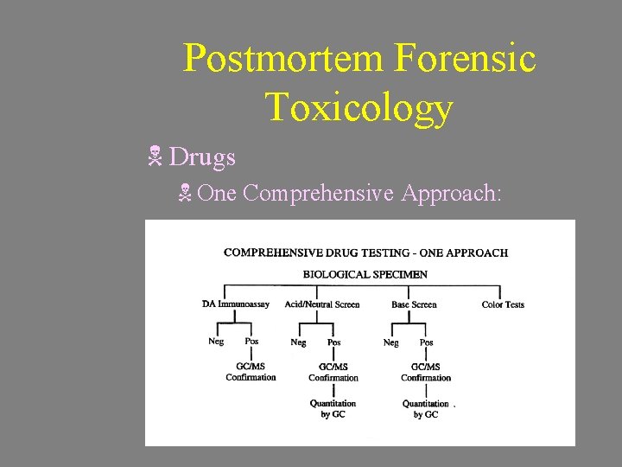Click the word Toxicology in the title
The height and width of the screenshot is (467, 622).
pyautogui.click(x=359, y=107)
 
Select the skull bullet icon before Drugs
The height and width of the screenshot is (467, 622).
pyautogui.click(x=155, y=157)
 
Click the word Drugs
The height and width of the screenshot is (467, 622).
pyautogui.click(x=202, y=157)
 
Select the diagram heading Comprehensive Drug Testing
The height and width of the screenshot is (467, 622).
pyautogui.click(x=365, y=253)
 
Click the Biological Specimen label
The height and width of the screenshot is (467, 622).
pyautogui.click(x=365, y=274)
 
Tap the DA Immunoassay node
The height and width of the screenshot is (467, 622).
pyautogui.click(x=235, y=304)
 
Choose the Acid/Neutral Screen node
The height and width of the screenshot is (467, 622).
pyautogui.click(x=322, y=304)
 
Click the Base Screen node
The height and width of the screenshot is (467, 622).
pyautogui.click(x=414, y=304)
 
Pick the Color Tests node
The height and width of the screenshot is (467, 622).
pyautogui.click(x=503, y=304)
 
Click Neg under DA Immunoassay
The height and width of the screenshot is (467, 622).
pyautogui.click(x=216, y=342)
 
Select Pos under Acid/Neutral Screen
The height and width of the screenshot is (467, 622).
pyautogui.click(x=333, y=342)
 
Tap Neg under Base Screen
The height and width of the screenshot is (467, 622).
pyautogui.click(x=390, y=342)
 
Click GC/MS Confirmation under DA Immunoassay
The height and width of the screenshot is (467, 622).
pyautogui.click(x=251, y=372)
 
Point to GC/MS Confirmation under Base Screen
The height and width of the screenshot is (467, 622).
pyautogui.click(x=426, y=372)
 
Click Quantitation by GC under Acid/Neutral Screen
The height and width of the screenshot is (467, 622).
pyautogui.click(x=333, y=408)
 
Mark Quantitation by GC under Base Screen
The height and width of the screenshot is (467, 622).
pyautogui.click(x=426, y=408)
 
